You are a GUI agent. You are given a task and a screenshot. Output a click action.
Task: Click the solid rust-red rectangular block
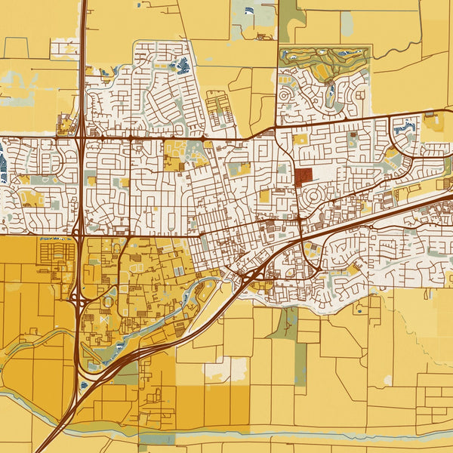tap(304, 177)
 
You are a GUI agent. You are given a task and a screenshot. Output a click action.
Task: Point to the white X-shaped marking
tap(104, 320)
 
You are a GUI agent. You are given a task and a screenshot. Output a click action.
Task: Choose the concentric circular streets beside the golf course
tap(288, 97)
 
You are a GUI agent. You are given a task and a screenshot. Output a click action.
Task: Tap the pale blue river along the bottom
tap(302, 434)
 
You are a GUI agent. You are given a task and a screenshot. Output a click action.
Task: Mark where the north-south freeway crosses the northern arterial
tap(80, 137)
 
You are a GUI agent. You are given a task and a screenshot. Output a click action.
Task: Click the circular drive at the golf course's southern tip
tap(331, 105)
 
